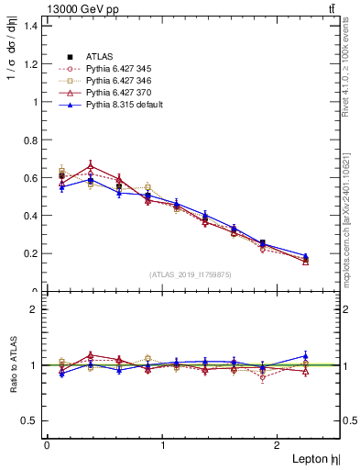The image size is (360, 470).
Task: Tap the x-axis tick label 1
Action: click(163, 445)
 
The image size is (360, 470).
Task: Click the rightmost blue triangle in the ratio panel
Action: click(305, 355)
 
